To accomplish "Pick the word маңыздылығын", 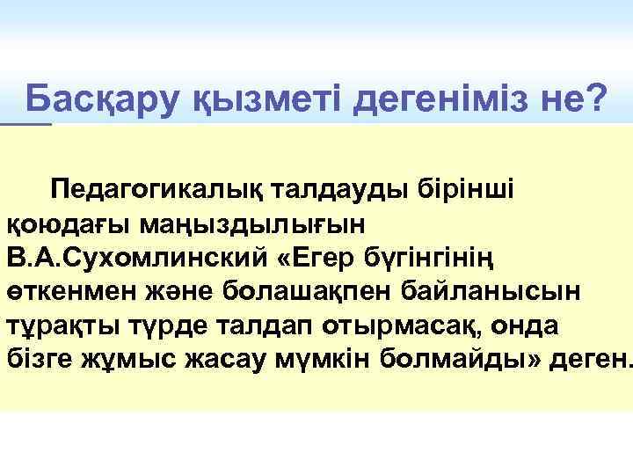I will click(x=250, y=223).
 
